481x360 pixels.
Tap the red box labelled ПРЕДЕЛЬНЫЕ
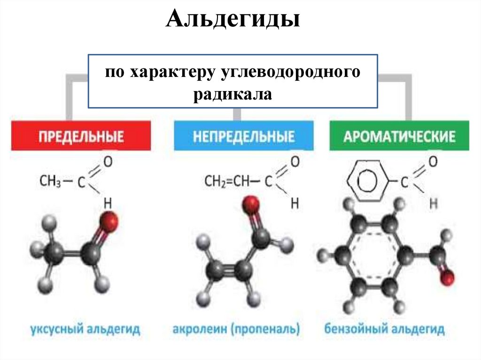(x=81, y=137)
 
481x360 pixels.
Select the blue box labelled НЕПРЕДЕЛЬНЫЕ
(x=243, y=137)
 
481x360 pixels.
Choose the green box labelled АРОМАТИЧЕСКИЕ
(x=399, y=137)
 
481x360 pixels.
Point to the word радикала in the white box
(x=233, y=94)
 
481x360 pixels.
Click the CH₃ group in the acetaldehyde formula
(x=51, y=181)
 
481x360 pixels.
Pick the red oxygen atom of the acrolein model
(x=251, y=205)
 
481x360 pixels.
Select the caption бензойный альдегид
(x=384, y=329)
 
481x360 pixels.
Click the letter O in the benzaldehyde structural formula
(x=433, y=162)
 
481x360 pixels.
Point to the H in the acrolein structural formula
(x=295, y=203)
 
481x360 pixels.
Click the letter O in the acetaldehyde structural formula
(x=108, y=162)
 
